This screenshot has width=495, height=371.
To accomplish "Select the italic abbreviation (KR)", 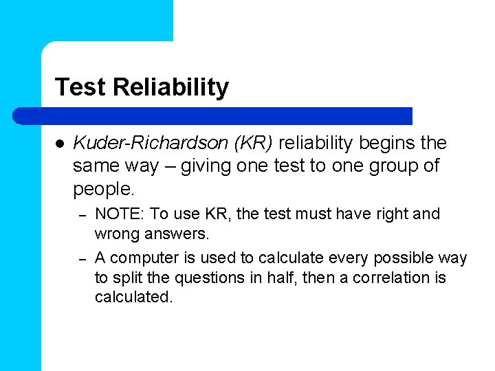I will [x=254, y=143].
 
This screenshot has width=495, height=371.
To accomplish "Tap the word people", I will [x=103, y=188].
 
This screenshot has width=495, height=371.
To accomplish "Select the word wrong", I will [x=117, y=234].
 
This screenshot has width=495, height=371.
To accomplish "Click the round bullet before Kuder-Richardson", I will [x=59, y=144].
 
